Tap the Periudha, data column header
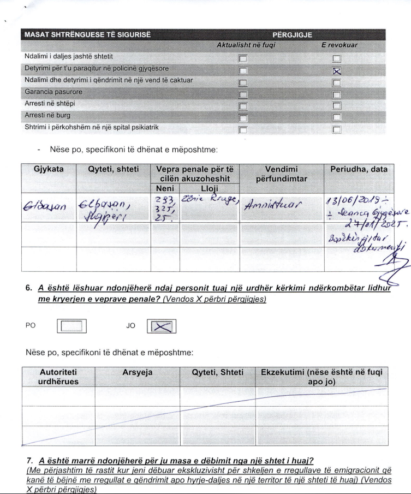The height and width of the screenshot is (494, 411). [x=358, y=169]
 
